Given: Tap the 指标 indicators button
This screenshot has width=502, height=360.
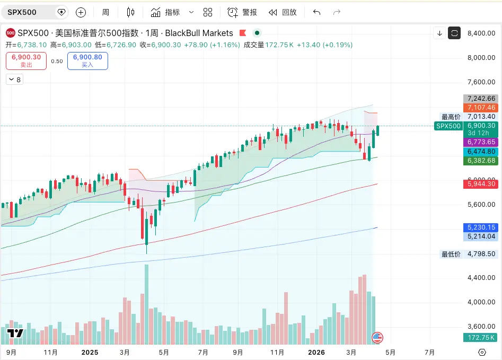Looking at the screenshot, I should [x=165, y=12].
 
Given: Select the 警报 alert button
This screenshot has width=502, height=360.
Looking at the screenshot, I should [x=243, y=12].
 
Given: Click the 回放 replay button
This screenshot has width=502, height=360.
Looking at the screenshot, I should [x=283, y=12].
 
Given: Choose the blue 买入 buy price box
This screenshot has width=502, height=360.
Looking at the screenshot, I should [x=87, y=61].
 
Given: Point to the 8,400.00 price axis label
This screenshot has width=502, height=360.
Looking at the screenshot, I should [x=481, y=33].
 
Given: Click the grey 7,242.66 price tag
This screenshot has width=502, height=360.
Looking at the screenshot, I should [x=481, y=99].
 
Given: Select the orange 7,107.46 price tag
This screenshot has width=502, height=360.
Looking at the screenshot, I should [x=481, y=108].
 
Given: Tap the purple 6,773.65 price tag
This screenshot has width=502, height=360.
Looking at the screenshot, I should [x=481, y=142].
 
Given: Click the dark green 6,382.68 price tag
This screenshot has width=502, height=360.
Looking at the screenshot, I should [x=481, y=161].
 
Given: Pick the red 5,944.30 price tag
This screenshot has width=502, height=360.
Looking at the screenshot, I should [x=481, y=184].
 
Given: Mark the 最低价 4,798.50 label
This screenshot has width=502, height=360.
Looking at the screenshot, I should [x=469, y=254].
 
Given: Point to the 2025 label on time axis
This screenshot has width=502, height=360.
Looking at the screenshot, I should [x=91, y=352].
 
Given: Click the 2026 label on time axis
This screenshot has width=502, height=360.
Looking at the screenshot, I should [x=316, y=352].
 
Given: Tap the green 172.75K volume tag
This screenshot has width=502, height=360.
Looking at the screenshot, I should [x=481, y=338].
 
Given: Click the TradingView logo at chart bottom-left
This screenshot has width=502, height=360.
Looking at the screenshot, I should [x=15, y=333].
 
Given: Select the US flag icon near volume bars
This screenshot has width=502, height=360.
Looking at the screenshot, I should [x=378, y=337].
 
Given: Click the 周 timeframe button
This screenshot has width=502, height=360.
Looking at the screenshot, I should [x=105, y=12].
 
